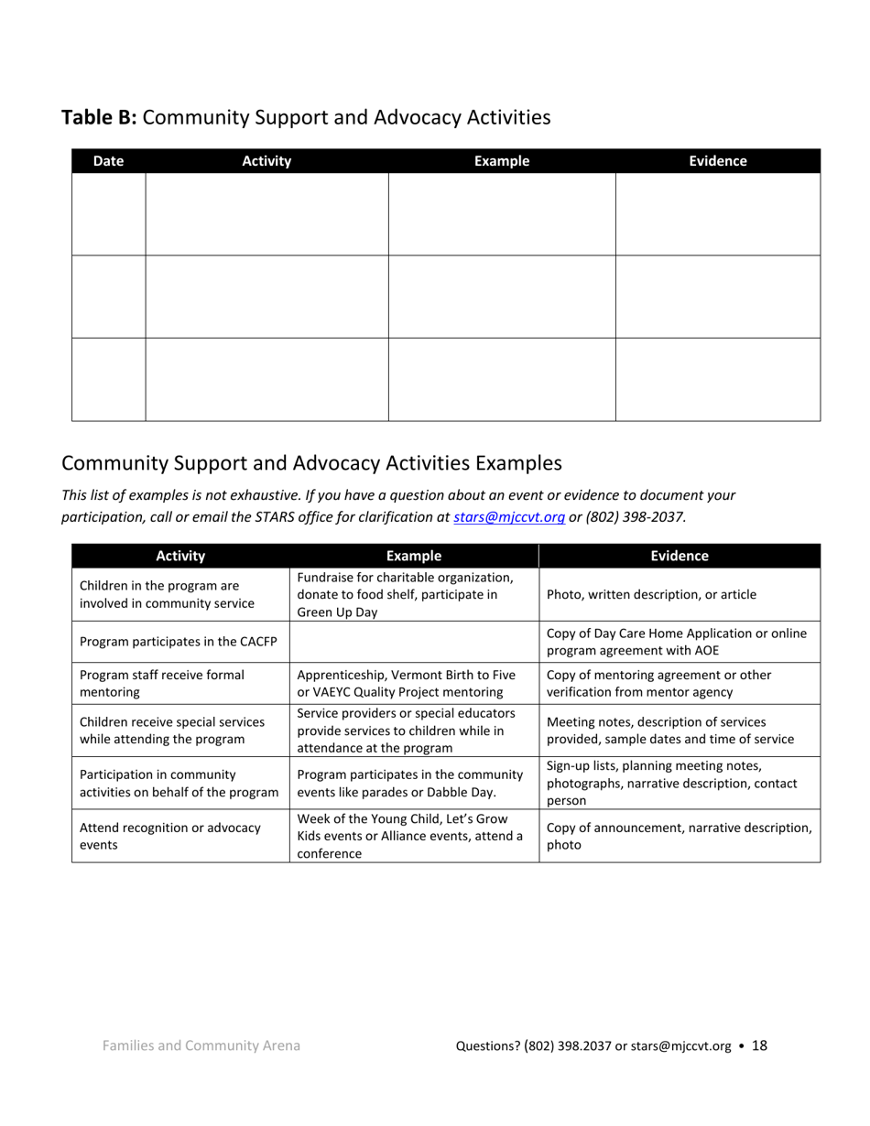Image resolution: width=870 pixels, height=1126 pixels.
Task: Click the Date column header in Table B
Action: click(x=108, y=161)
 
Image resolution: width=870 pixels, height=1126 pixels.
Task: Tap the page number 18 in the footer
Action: click(x=759, y=1045)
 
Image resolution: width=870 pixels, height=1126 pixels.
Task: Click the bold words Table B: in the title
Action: click(x=99, y=117)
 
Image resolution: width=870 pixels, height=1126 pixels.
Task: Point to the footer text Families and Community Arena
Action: click(x=201, y=1045)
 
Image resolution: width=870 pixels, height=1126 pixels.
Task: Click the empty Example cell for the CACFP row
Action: click(x=414, y=642)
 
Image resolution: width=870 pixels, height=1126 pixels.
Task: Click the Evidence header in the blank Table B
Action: click(x=717, y=161)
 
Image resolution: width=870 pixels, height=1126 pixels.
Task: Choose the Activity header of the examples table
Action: click(x=180, y=556)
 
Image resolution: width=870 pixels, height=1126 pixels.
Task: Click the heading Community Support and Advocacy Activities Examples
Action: click(x=311, y=462)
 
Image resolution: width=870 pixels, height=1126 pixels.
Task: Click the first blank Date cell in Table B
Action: click(x=108, y=214)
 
